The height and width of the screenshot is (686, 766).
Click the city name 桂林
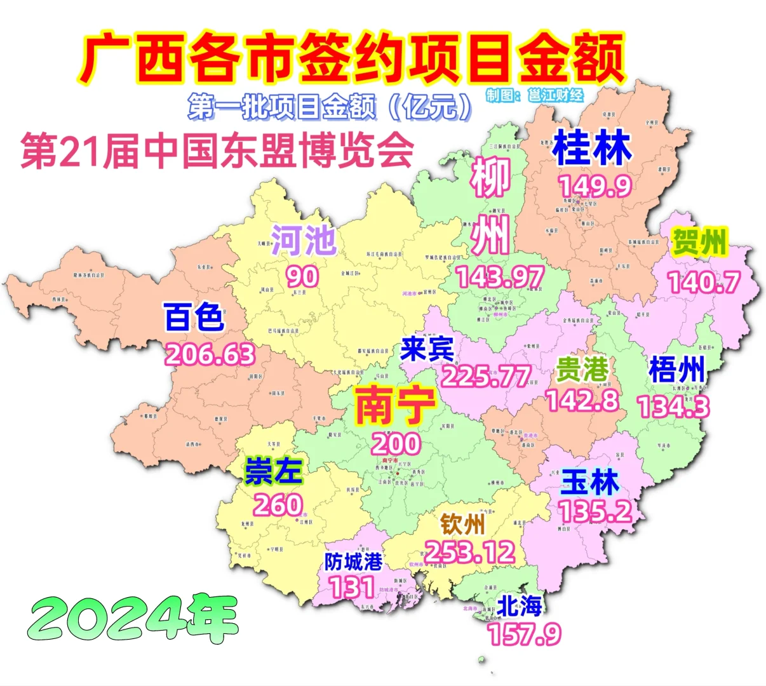[x=592, y=149]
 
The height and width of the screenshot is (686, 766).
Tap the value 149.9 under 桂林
[x=595, y=186]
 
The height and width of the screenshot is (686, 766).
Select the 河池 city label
[x=304, y=240]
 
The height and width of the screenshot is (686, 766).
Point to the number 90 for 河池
[x=302, y=276]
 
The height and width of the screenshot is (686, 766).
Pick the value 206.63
[x=210, y=354]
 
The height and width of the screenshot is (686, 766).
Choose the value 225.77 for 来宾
[x=486, y=377]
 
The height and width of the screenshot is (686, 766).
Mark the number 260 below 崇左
[x=278, y=505]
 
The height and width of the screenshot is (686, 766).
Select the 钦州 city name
[x=463, y=525]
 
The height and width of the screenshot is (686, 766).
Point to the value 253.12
[x=470, y=552]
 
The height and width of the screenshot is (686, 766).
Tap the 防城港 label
[x=353, y=562]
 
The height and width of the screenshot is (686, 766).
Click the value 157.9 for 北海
[x=525, y=634]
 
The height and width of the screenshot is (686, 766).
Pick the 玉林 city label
[x=589, y=483]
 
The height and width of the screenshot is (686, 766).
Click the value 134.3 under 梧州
[x=673, y=407]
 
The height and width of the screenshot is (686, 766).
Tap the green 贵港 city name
[x=582, y=370]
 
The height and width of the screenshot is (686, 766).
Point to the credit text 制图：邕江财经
[x=534, y=95]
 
